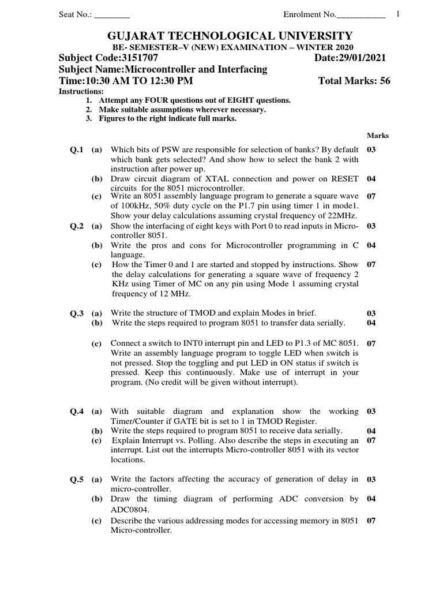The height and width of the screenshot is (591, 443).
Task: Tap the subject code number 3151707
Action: (x=138, y=58)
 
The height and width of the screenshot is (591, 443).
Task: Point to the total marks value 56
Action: (x=385, y=81)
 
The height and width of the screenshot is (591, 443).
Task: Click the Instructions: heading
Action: (x=81, y=92)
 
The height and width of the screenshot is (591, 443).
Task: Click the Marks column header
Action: (x=378, y=136)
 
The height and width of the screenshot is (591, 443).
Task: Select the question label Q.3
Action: (x=77, y=313)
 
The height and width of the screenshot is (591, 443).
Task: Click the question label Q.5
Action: (x=77, y=479)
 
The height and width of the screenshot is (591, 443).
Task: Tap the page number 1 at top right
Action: (x=398, y=14)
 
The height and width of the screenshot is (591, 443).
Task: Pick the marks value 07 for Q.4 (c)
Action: (x=371, y=440)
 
